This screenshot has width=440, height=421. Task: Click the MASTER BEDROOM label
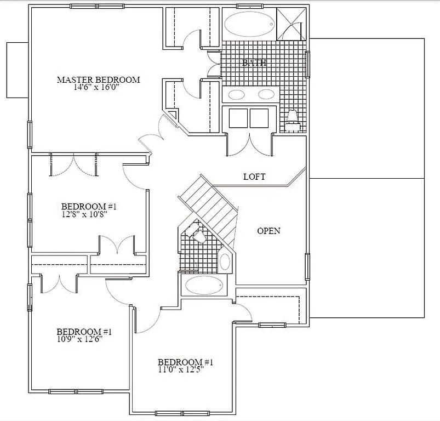(99, 80)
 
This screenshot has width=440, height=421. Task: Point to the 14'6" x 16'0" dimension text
(99, 87)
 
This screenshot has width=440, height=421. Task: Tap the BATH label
(255, 62)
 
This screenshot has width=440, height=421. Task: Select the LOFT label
(254, 177)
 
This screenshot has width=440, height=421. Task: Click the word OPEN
(269, 231)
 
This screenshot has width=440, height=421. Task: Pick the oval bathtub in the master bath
(249, 25)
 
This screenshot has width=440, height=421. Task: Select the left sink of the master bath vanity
(237, 94)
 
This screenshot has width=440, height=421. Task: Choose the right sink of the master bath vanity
(267, 94)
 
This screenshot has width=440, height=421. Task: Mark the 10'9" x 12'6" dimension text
(80, 339)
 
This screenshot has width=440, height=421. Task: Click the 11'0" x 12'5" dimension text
(185, 369)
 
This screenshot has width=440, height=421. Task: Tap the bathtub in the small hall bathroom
(204, 285)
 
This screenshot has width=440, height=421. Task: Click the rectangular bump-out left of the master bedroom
(17, 70)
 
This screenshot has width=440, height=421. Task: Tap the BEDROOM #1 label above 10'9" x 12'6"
(84, 332)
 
